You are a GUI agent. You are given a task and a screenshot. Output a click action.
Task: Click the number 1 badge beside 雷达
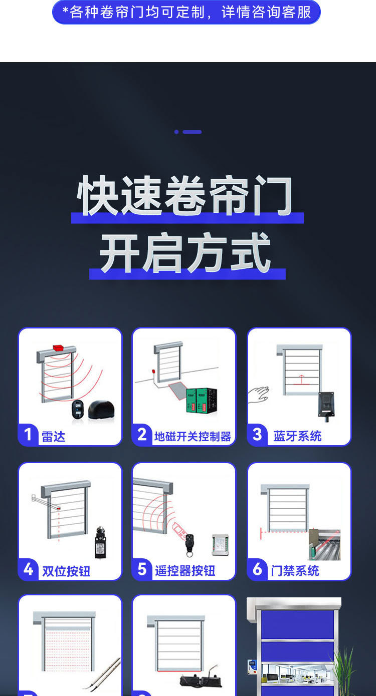[28, 434]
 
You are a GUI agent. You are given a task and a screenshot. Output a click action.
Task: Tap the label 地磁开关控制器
[193, 437]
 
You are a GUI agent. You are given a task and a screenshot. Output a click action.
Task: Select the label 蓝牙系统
[297, 436]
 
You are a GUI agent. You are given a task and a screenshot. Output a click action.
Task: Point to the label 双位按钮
[66, 571]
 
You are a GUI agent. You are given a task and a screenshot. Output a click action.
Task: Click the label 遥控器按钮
[185, 571]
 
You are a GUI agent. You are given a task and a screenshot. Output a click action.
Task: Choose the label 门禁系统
[295, 571]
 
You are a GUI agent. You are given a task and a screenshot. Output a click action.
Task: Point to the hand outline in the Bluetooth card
[258, 395]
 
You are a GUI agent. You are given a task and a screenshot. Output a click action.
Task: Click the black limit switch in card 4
[101, 542]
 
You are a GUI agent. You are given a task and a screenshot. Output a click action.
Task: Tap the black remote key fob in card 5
[190, 543]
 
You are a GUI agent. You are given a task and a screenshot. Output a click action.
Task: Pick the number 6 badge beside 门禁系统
[257, 569]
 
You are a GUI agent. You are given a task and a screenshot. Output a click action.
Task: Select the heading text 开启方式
[185, 253]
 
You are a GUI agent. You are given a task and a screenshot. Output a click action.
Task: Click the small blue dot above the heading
[176, 132]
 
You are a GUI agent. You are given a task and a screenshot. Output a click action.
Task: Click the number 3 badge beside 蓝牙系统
[257, 434]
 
